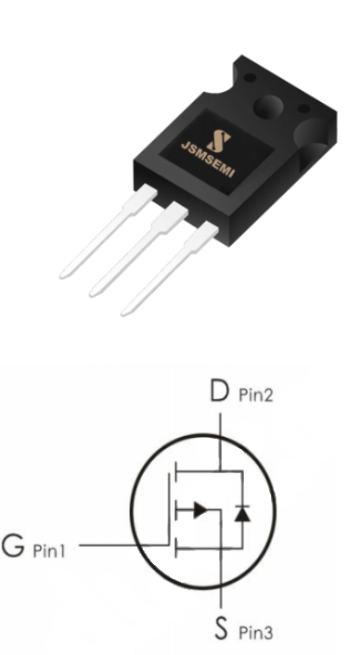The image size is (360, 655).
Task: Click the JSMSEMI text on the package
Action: (x=208, y=160)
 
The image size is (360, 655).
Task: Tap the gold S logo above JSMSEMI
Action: (x=219, y=141)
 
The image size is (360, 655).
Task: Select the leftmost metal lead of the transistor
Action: (x=108, y=231)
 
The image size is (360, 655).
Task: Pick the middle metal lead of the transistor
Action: (x=138, y=250)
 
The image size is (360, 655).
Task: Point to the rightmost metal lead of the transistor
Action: (x=170, y=268)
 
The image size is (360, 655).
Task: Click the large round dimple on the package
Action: (x=268, y=107)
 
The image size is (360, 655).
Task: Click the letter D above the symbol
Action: (x=220, y=391)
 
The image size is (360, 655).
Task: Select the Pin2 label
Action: (x=255, y=394)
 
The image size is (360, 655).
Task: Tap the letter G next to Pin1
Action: (x=13, y=546)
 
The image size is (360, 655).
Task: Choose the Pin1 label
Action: (x=49, y=550)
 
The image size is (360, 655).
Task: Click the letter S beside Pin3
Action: (x=222, y=628)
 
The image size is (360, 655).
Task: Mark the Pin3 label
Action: (x=256, y=633)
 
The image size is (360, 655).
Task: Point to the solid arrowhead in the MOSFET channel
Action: (x=200, y=510)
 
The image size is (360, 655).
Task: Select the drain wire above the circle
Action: (x=220, y=424)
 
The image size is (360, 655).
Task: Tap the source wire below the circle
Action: (x=221, y=597)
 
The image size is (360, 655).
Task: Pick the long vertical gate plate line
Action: (x=169, y=509)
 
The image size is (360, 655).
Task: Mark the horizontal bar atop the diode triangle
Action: (x=242, y=506)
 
